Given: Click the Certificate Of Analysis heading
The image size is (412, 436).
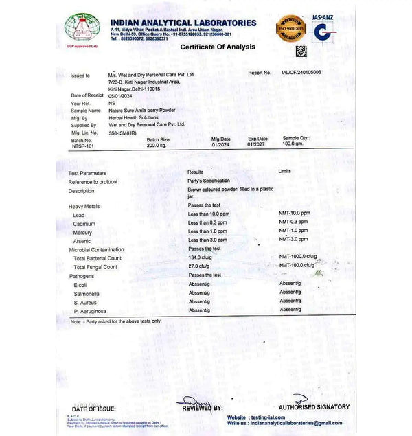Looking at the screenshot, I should tap(217, 47).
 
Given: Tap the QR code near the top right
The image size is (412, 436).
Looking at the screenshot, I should tap(301, 51).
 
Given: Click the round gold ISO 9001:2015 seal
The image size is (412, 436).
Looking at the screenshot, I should tap(290, 28).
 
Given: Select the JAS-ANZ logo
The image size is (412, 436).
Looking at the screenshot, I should tap(324, 30).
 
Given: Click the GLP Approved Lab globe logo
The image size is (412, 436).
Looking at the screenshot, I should tap(82, 28).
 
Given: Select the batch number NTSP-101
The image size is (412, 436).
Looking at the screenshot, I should tap(83, 146).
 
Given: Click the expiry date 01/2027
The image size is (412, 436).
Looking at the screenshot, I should tap(257, 144).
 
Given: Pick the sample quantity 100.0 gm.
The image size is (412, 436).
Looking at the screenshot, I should tap(293, 144).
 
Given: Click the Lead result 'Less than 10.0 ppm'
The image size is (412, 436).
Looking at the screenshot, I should tap(209, 214).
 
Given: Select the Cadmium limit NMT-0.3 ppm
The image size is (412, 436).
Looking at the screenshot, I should tap(293, 222).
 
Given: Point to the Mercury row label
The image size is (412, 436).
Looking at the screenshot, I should tap(82, 233).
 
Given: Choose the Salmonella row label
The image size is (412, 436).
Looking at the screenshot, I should tap(87, 294).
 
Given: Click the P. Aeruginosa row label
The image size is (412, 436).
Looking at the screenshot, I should tap(89, 311).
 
